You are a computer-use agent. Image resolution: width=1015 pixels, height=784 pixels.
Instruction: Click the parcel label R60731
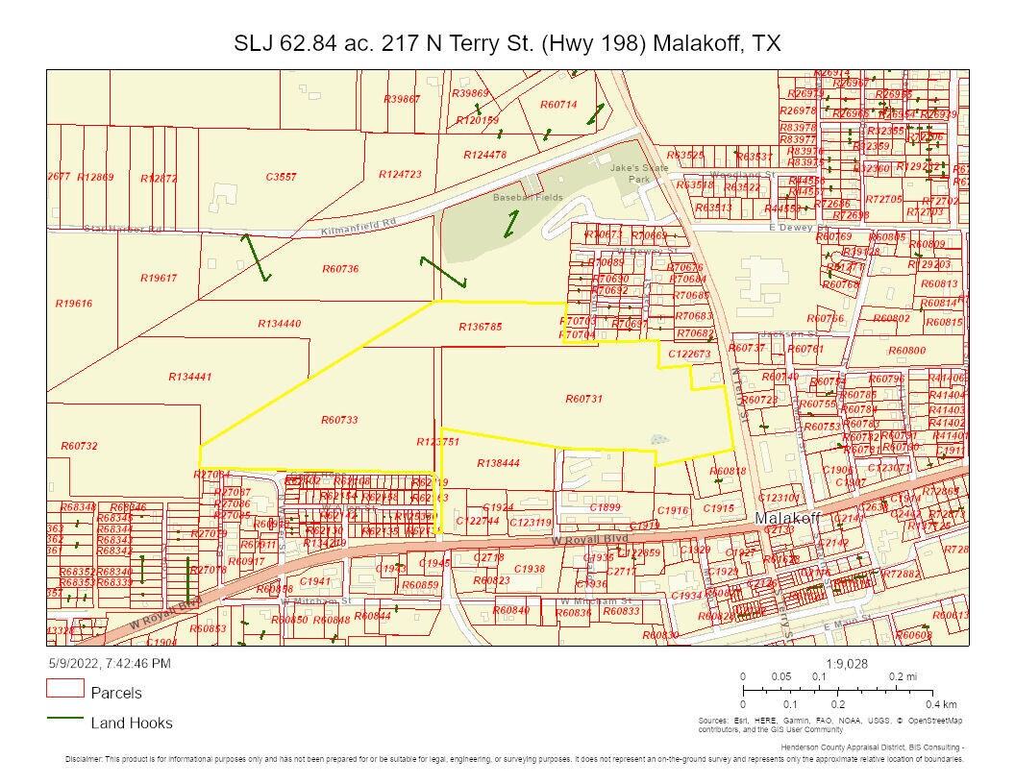tap(583, 398)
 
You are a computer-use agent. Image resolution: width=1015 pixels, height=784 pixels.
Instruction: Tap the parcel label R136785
tap(481, 327)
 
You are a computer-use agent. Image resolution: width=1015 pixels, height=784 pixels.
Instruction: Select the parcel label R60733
tap(339, 420)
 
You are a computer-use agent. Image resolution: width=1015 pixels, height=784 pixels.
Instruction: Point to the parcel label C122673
tap(689, 354)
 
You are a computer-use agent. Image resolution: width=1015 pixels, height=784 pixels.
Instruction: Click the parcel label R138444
tap(498, 463)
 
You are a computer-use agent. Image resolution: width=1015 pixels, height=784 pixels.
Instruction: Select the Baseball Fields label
tap(527, 197)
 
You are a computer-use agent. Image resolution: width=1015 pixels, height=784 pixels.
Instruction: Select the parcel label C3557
tap(281, 177)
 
